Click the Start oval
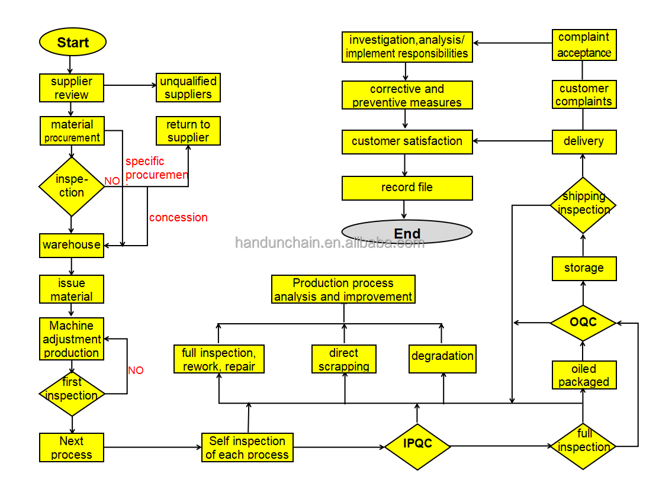point(73,43)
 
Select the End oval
point(407,232)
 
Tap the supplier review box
point(72,88)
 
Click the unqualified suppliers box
point(188,88)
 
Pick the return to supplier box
point(188,131)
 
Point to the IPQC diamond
point(417,444)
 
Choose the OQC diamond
point(583,323)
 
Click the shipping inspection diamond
point(583,204)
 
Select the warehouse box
point(72,245)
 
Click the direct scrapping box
point(344,359)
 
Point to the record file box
point(407,188)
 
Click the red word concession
point(178,217)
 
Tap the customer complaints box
point(584,95)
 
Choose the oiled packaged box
point(584,375)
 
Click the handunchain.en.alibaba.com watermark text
point(330,243)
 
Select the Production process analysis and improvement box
point(343,290)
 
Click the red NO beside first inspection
point(136,371)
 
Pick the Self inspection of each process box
point(247,448)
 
